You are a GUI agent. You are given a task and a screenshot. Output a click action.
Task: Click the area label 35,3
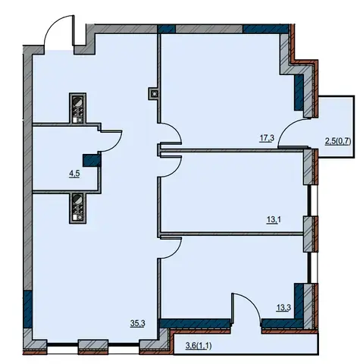click(137, 323)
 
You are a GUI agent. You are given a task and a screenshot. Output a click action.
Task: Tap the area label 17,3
click(267, 139)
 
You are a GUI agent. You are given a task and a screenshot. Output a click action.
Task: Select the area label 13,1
click(274, 220)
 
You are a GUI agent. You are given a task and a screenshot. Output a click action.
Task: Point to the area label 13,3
click(283, 308)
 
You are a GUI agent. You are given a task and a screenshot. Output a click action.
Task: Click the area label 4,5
click(74, 174)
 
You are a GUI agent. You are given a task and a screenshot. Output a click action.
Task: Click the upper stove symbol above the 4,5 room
click(78, 108)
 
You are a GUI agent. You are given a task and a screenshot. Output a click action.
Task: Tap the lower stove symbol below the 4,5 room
click(78, 208)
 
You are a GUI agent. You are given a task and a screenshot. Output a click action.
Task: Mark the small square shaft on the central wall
click(154, 94)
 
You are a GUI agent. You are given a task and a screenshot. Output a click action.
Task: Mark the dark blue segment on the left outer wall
click(27, 309)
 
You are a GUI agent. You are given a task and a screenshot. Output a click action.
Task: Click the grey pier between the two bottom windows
click(93, 347)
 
